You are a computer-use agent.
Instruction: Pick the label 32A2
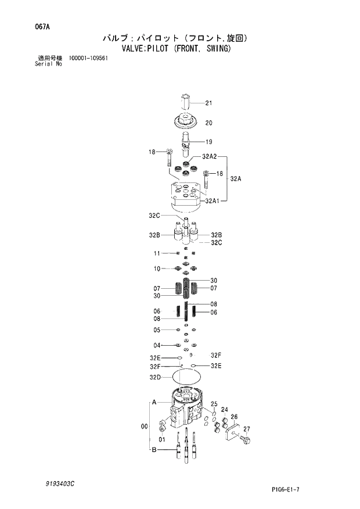tap(210, 156)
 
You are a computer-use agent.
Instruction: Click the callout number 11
tap(157, 254)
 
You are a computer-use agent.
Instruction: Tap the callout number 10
tap(157, 268)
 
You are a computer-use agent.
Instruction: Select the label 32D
tap(154, 377)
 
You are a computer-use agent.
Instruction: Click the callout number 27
tap(246, 429)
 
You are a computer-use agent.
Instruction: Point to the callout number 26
tap(234, 417)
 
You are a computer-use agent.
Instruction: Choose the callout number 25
tap(214, 404)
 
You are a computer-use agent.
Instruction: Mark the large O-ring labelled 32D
tap(185, 378)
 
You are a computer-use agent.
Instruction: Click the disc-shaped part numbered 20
tap(186, 123)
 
